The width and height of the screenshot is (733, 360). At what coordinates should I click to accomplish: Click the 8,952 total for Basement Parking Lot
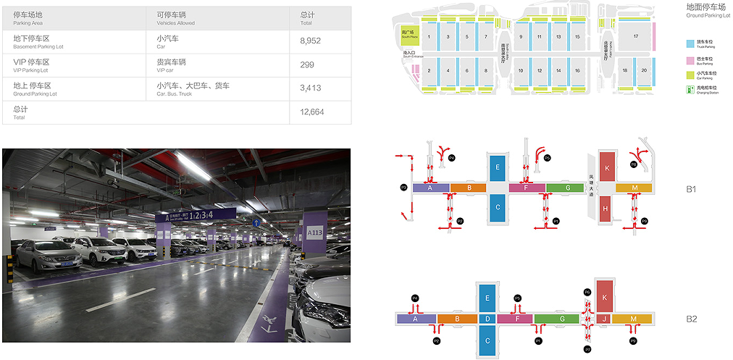click(310, 41)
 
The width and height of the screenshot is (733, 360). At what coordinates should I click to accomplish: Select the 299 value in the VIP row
click(307, 64)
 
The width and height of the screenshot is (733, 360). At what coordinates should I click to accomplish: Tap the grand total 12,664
click(311, 112)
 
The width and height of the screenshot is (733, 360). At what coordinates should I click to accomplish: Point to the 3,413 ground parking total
click(310, 88)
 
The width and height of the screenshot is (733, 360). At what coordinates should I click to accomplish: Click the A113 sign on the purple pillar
click(314, 233)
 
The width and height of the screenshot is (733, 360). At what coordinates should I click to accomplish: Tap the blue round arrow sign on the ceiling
click(256, 222)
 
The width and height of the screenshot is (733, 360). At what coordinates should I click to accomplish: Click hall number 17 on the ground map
click(635, 36)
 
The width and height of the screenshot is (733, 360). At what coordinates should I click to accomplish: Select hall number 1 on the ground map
click(430, 36)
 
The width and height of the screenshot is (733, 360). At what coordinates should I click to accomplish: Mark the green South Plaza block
click(409, 34)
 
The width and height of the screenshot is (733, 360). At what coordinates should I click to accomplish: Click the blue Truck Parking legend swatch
click(690, 43)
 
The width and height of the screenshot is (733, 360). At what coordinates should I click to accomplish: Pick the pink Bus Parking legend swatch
click(690, 59)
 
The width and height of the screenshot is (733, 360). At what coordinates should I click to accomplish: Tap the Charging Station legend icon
click(690, 90)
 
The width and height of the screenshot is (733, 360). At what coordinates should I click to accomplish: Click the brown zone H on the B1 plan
click(606, 209)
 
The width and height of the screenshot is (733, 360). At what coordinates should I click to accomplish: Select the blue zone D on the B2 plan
click(487, 318)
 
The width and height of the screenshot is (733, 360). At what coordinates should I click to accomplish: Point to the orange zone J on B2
click(603, 318)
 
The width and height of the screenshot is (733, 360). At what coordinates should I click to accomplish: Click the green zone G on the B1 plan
click(564, 188)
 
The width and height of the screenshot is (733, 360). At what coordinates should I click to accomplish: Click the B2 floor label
click(691, 319)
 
